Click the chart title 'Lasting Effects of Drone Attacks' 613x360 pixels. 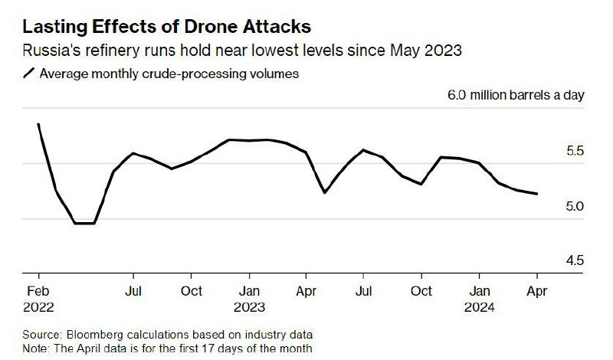(x=167, y=28)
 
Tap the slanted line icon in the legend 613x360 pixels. (x=29, y=74)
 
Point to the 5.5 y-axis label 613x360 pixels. (x=575, y=152)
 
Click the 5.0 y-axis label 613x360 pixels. (x=575, y=207)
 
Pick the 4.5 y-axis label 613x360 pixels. (x=575, y=261)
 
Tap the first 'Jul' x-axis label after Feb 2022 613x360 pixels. (x=134, y=291)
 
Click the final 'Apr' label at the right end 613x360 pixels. (x=536, y=291)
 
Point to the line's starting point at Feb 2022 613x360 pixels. (x=38, y=124)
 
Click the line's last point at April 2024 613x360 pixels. (x=536, y=194)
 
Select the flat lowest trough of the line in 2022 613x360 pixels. (x=84, y=223)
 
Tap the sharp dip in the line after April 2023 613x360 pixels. (x=325, y=192)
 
